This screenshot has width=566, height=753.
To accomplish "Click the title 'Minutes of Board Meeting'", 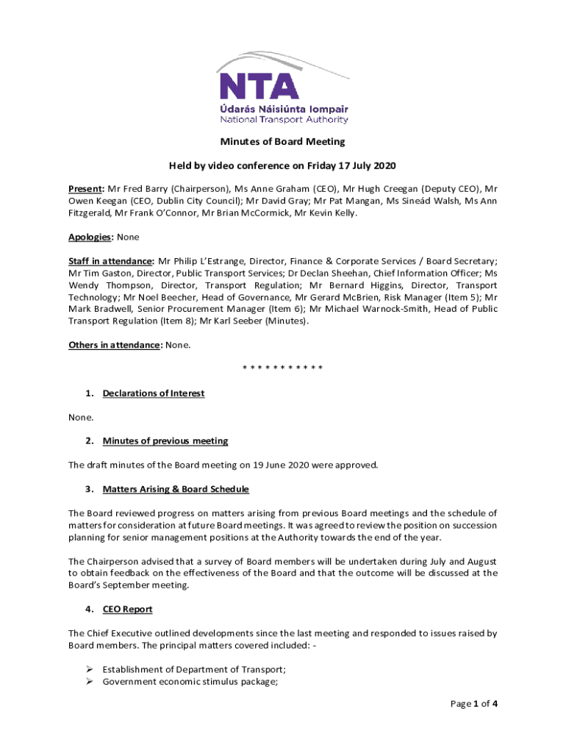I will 283,141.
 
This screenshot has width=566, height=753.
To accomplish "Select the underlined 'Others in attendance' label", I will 114,345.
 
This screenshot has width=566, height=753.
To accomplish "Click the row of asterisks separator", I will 283,368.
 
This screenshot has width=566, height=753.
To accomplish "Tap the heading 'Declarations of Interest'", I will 153,393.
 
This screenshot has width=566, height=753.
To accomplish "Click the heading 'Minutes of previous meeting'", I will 165,441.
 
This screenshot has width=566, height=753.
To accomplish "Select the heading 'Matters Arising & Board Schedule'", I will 176,489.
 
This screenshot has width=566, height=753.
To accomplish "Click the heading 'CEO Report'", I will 127,610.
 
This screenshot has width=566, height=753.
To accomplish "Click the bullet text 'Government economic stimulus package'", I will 194,682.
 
